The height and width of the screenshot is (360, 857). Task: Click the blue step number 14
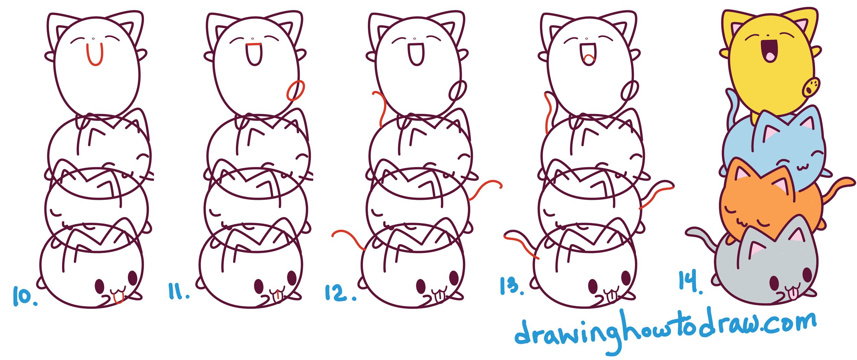[x=690, y=281]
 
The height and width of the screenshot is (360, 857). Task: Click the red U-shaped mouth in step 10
[x=94, y=55]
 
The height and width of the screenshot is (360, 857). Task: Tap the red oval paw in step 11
[x=295, y=91]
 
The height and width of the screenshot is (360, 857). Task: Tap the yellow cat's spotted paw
[x=811, y=87]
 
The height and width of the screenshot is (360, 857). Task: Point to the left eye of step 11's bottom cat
[x=258, y=286]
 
